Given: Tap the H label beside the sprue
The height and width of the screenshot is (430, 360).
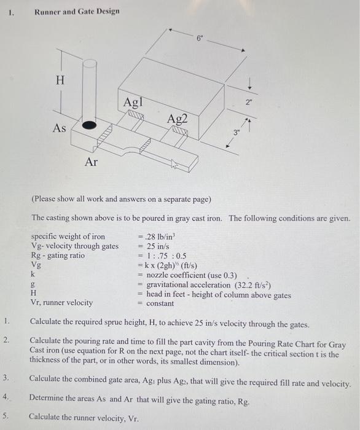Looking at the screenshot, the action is tap(60, 80).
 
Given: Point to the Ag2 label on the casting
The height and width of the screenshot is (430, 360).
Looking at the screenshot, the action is tap(176, 121).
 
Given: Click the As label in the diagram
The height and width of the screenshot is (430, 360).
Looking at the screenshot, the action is tap(59, 128).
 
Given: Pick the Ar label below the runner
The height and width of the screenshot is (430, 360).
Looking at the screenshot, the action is tap(91, 162).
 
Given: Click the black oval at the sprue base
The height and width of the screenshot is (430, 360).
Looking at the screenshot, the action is tap(90, 125).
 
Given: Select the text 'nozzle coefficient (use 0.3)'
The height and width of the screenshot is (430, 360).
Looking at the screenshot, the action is tap(193, 276).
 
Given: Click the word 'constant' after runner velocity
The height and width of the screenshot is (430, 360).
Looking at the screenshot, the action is tap(160, 303).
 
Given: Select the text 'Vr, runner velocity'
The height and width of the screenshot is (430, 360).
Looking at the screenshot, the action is tap(62, 302).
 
